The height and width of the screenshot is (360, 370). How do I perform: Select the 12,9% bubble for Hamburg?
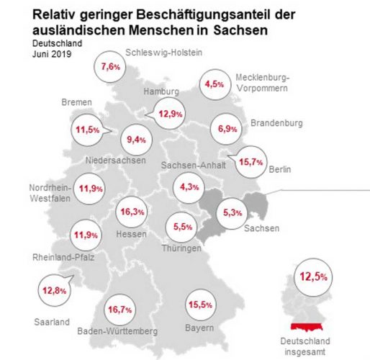click(171, 112)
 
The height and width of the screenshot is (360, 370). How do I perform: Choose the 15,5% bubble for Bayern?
click(202, 305)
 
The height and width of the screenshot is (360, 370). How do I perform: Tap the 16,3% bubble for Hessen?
click(135, 212)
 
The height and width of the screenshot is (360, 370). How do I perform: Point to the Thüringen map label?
click(181, 248)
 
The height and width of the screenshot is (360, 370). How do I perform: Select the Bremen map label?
click(78, 102)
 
